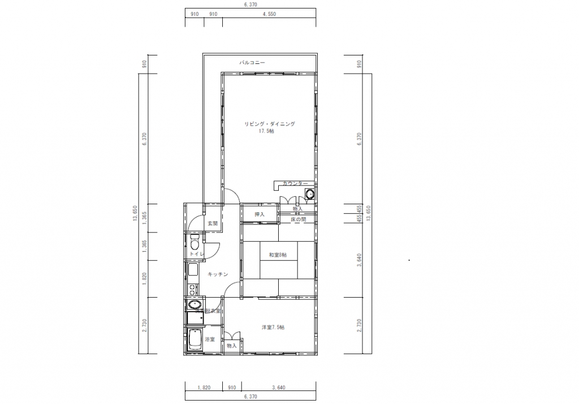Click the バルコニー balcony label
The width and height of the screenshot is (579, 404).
[x=252, y=62]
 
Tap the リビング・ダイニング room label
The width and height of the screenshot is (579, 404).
[x=270, y=123]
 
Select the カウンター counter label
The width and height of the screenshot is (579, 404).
[x=295, y=184]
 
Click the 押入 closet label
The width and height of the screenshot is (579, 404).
[x=260, y=214]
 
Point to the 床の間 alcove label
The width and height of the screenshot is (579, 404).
[x=298, y=219]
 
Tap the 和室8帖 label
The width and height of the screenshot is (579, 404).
[x=278, y=255]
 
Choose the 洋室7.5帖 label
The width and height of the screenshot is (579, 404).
[x=273, y=327]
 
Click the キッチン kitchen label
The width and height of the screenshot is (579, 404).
[x=218, y=274]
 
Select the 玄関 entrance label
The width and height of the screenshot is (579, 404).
[x=212, y=224]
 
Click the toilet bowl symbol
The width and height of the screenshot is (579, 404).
[x=194, y=245]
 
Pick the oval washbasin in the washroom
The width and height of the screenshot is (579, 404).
[x=191, y=306]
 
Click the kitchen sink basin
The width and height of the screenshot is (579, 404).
[x=192, y=269]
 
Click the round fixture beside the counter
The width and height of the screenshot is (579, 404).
[x=309, y=195]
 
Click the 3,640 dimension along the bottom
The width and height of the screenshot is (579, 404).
[x=278, y=387]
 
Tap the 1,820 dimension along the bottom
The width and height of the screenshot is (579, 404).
[x=204, y=387]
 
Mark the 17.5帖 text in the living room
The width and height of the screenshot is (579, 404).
[x=266, y=131]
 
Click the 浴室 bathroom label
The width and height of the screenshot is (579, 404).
[x=210, y=339]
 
